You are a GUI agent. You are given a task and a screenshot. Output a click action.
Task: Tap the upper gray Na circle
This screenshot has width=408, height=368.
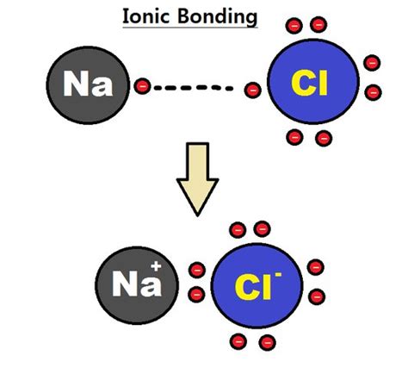point(86,86)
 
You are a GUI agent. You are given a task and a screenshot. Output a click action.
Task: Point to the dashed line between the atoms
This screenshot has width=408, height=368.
point(195,87)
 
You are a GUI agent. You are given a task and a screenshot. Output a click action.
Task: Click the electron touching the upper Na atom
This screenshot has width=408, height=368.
point(143,86)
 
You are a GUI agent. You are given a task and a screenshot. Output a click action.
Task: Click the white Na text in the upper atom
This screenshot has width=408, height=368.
point(85,86)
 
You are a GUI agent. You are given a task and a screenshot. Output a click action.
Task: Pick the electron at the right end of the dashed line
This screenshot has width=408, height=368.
point(252,87)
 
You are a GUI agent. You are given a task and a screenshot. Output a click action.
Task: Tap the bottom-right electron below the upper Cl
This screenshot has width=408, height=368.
point(325,137)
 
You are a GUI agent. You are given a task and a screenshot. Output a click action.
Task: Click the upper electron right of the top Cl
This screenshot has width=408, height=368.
point(372,63)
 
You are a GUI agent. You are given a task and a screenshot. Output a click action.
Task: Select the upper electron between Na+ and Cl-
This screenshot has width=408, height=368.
point(197,270)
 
